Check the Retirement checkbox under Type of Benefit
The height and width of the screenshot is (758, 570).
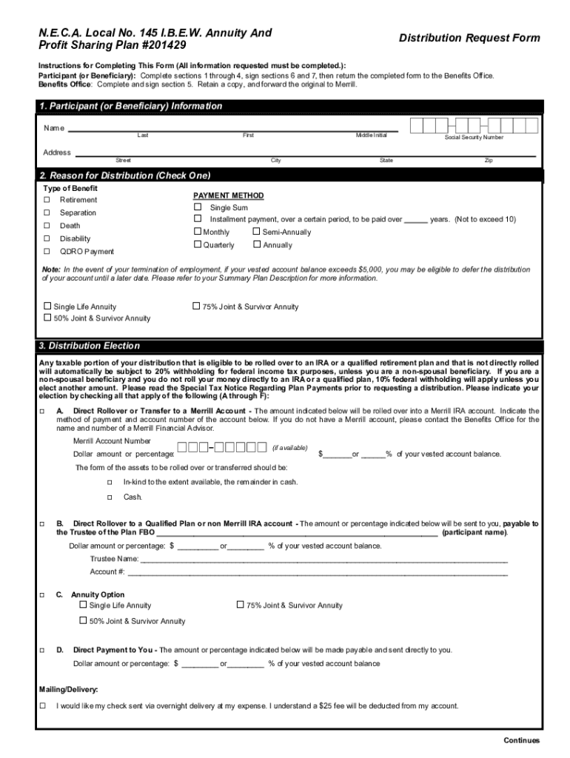tap(47, 201)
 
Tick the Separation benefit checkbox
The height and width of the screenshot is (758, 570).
tap(47, 213)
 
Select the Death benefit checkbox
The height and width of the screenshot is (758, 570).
tap(47, 226)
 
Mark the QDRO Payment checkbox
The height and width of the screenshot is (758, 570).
tap(47, 252)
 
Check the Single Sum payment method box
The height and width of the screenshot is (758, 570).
tap(198, 207)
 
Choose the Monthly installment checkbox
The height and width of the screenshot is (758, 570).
tap(198, 232)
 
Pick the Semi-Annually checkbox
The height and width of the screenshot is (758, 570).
tap(257, 232)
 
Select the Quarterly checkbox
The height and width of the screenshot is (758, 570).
tap(198, 244)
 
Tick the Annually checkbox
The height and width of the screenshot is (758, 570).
tap(257, 244)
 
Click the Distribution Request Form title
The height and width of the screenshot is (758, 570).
tap(469, 38)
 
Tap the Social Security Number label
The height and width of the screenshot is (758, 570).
tap(474, 138)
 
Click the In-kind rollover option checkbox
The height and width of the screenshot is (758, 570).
tap(109, 482)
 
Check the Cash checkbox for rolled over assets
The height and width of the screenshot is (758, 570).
tap(109, 497)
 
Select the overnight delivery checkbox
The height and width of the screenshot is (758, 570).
tap(42, 705)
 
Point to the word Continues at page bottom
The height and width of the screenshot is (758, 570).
tap(521, 741)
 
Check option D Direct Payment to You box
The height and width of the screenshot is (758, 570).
tap(42, 650)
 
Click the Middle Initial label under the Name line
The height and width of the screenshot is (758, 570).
tap(371, 135)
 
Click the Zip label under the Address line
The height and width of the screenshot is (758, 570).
tap(488, 161)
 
